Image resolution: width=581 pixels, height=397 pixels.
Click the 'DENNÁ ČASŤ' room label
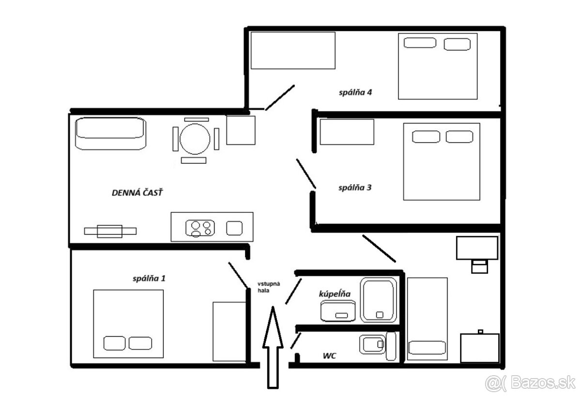click(x=137, y=192)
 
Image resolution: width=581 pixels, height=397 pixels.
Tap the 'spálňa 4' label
click(x=355, y=93)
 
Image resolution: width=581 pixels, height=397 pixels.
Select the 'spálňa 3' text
click(x=355, y=188)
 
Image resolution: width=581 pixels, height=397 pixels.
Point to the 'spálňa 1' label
click(x=149, y=279)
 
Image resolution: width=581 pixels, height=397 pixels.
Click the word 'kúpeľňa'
click(x=335, y=294)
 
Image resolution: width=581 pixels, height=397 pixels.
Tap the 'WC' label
click(x=329, y=356)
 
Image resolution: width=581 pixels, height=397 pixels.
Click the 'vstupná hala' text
click(x=269, y=287)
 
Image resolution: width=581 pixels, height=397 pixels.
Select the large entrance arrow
click(x=273, y=348)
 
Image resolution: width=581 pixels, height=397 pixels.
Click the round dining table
click(x=195, y=139)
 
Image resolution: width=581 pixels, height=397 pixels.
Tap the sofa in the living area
click(x=110, y=133)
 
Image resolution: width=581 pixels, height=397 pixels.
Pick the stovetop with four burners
click(x=200, y=228)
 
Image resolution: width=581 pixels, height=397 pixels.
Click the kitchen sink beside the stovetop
click(x=234, y=228)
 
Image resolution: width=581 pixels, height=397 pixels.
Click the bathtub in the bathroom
click(x=379, y=300)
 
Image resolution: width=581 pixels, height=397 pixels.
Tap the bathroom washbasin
click(x=338, y=311)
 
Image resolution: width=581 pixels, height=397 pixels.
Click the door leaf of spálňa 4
click(x=280, y=97)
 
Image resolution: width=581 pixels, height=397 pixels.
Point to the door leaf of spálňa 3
click(x=306, y=174)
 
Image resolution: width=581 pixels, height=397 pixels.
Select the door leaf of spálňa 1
click(x=238, y=275)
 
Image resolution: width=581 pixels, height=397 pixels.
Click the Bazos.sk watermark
click(x=531, y=382)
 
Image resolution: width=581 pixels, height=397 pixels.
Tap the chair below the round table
click(x=194, y=160)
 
